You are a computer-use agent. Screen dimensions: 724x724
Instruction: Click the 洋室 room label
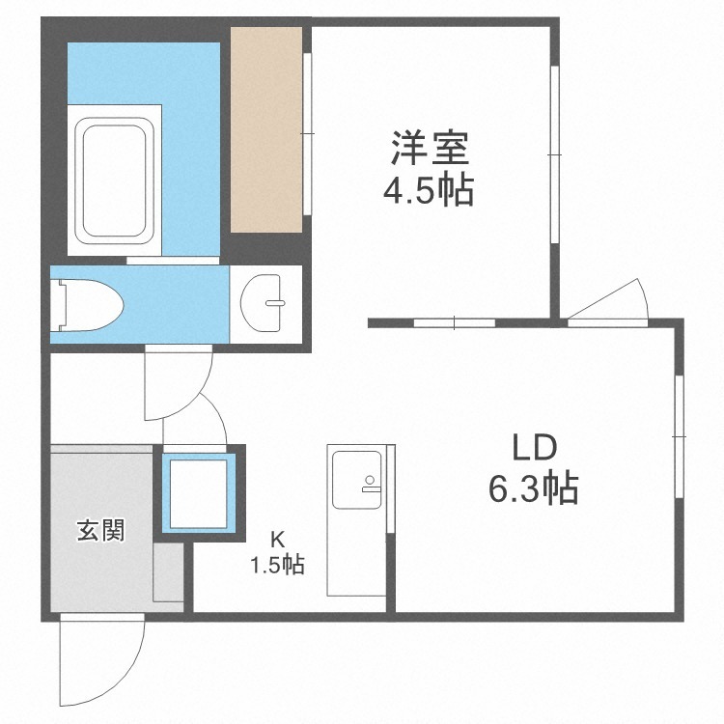pos(430,149)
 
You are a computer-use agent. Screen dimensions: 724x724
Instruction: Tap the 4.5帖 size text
pos(429,190)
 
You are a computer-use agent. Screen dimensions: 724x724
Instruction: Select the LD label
pos(535,447)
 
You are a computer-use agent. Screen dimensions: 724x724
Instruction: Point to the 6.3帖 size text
pos(533,488)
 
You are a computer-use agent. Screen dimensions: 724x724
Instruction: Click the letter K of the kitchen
pos(277,539)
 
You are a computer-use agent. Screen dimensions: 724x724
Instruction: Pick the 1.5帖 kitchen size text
pos(277,564)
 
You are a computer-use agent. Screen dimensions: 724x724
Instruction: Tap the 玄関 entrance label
pos(101,530)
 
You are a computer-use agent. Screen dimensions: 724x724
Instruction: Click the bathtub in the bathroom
pos(114,181)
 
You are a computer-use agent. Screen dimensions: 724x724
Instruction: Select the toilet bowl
pos(87,305)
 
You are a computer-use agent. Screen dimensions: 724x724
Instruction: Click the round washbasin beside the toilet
pos(262,303)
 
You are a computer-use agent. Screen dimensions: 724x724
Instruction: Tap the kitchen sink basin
pos(356,480)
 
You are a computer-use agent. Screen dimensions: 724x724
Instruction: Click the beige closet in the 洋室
pos(266,129)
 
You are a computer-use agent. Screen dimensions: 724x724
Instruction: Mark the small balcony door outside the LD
pos(608,300)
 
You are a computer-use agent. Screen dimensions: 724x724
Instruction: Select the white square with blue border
pos(199,493)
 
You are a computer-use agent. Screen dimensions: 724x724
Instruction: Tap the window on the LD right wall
pos(679,436)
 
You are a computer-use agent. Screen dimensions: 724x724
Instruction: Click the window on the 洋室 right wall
pos(554,154)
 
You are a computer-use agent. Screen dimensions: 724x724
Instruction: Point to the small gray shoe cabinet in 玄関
pos(168,572)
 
